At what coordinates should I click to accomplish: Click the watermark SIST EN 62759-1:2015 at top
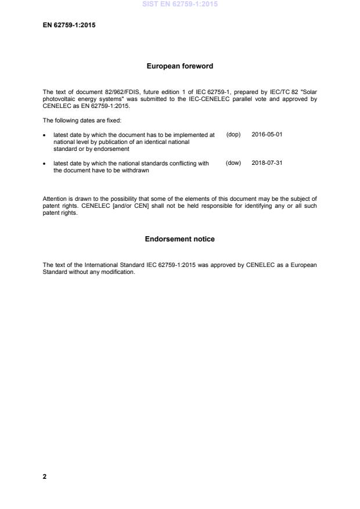180,5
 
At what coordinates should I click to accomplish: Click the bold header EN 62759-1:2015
69,25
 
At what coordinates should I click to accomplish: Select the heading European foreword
180,66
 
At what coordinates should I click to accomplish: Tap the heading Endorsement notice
180,239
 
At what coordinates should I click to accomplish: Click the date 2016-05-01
267,134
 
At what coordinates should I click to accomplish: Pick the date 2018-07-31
267,163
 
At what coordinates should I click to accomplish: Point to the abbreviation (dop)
233,134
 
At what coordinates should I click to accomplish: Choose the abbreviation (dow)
233,163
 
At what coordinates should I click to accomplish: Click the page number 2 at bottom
45,476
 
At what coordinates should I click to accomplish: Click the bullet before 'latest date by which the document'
45,135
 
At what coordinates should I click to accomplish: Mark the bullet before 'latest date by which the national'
45,164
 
